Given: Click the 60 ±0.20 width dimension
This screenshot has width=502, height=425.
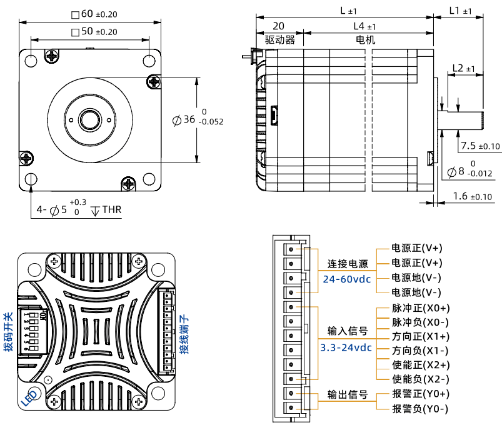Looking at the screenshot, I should (95, 14).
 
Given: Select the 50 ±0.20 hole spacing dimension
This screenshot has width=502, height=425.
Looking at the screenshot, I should (95, 31).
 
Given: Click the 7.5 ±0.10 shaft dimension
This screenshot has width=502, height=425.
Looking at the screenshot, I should (480, 146).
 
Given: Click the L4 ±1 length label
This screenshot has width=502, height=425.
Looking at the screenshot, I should (364, 26).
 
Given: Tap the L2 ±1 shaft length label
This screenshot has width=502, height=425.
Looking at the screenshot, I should (463, 67).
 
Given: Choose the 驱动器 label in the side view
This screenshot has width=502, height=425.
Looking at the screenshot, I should (279, 39).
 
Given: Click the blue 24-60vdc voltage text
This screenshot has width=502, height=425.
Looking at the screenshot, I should (347, 279).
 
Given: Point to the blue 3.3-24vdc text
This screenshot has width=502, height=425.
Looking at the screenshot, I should (346, 347).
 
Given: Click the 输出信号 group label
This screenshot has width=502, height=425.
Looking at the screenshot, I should (348, 396).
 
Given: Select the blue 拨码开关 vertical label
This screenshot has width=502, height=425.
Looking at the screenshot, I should (8, 332).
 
